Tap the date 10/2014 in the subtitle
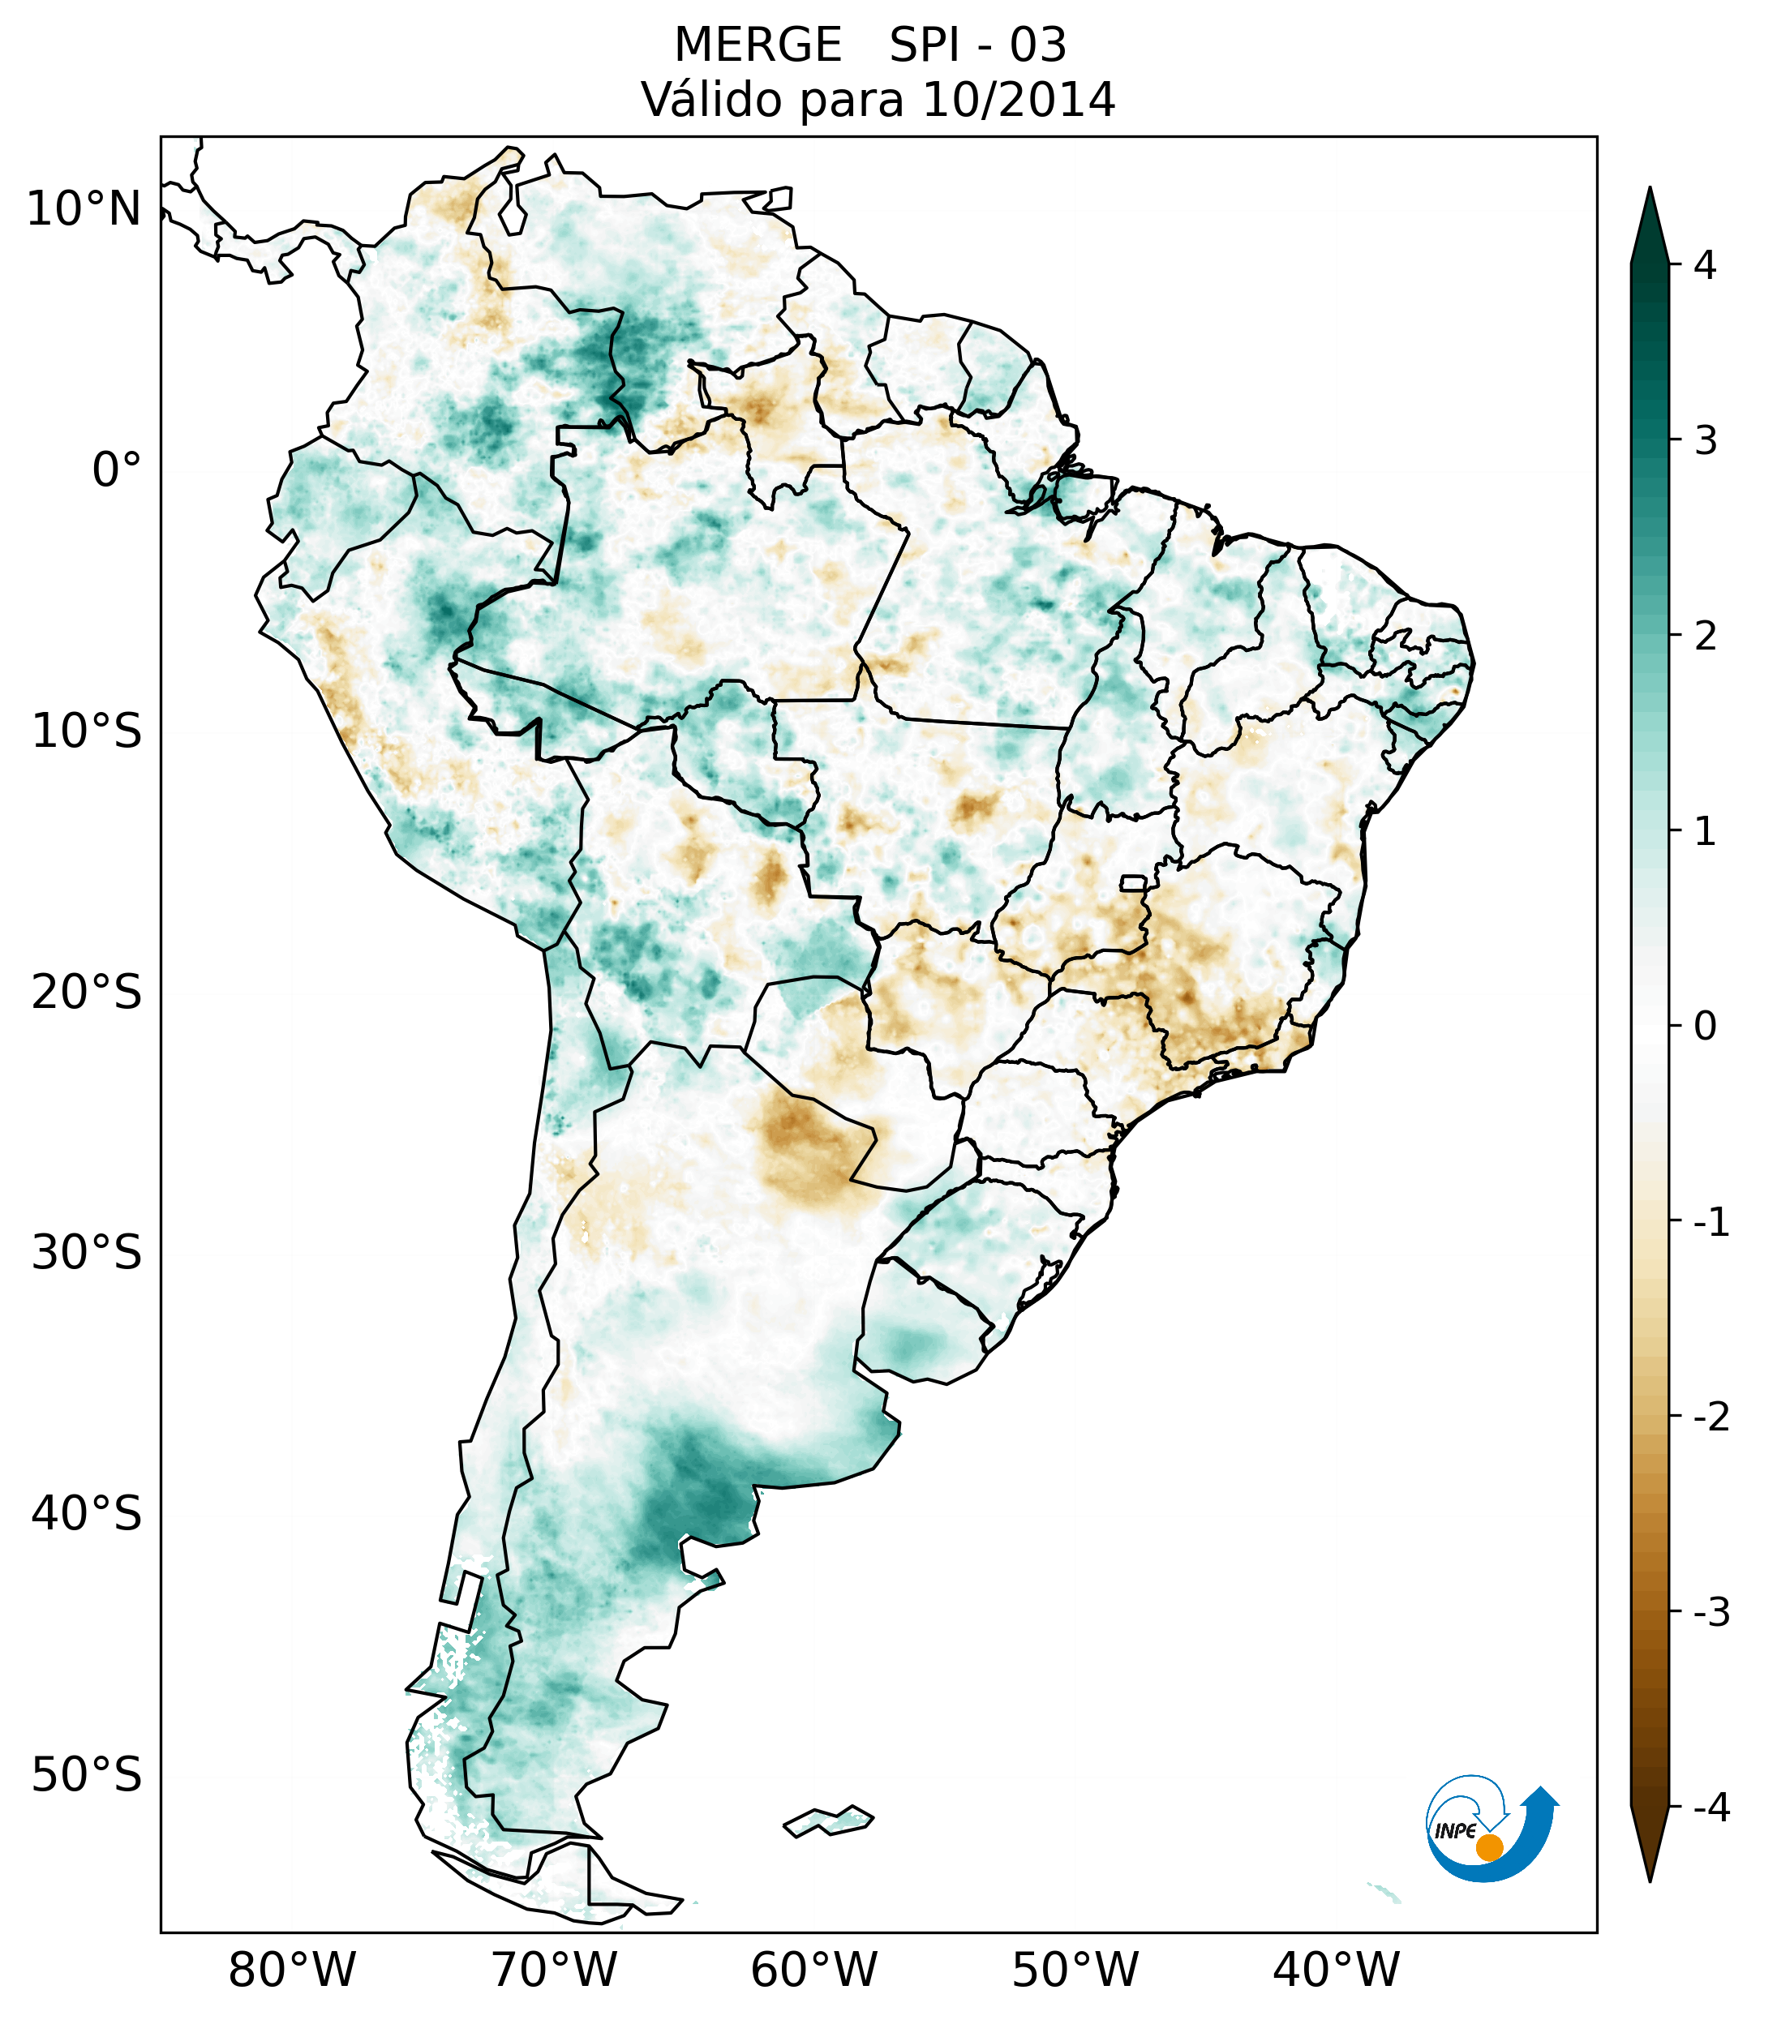point(1018,100)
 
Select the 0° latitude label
point(117,470)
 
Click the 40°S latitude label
point(87,1513)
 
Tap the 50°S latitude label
point(87,1775)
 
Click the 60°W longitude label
point(813,1970)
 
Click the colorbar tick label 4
point(1705,265)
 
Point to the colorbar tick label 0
point(1705,1026)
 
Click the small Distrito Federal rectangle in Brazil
point(1132,881)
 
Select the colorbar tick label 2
point(1705,636)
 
